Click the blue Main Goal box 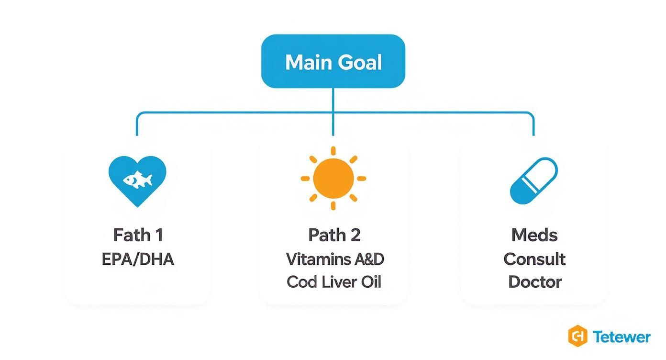333,61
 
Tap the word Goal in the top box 359,63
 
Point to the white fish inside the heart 138,180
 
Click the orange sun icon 333,178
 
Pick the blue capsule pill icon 533,180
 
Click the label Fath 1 138,235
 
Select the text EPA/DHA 138,259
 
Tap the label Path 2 334,235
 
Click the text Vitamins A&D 335,259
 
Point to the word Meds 534,235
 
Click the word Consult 534,259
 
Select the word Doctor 534,281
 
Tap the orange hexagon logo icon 577,336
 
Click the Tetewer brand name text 622,337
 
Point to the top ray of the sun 333,151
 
